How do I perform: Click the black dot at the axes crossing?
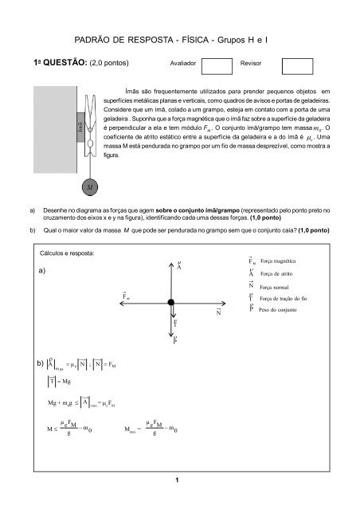(171, 301)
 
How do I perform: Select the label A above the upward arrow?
(178, 266)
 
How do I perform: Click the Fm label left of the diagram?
(127, 296)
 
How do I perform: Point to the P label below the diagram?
(174, 341)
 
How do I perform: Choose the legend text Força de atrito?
(280, 273)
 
